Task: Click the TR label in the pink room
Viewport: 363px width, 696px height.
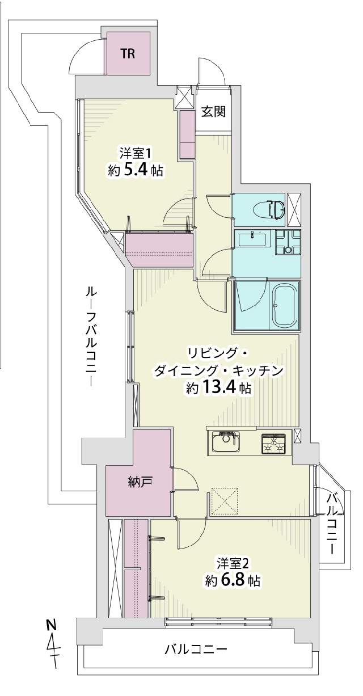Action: (128, 54)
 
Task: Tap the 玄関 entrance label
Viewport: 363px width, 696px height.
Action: (213, 111)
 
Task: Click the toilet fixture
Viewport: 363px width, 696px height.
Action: (269, 209)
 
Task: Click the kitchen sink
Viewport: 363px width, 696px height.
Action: (226, 442)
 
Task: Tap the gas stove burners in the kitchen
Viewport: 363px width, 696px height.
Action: (273, 444)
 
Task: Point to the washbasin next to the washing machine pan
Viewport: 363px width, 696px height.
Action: (252, 239)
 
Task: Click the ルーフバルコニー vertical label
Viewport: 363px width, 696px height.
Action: (91, 336)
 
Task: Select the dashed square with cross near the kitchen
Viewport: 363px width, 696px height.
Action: (224, 501)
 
